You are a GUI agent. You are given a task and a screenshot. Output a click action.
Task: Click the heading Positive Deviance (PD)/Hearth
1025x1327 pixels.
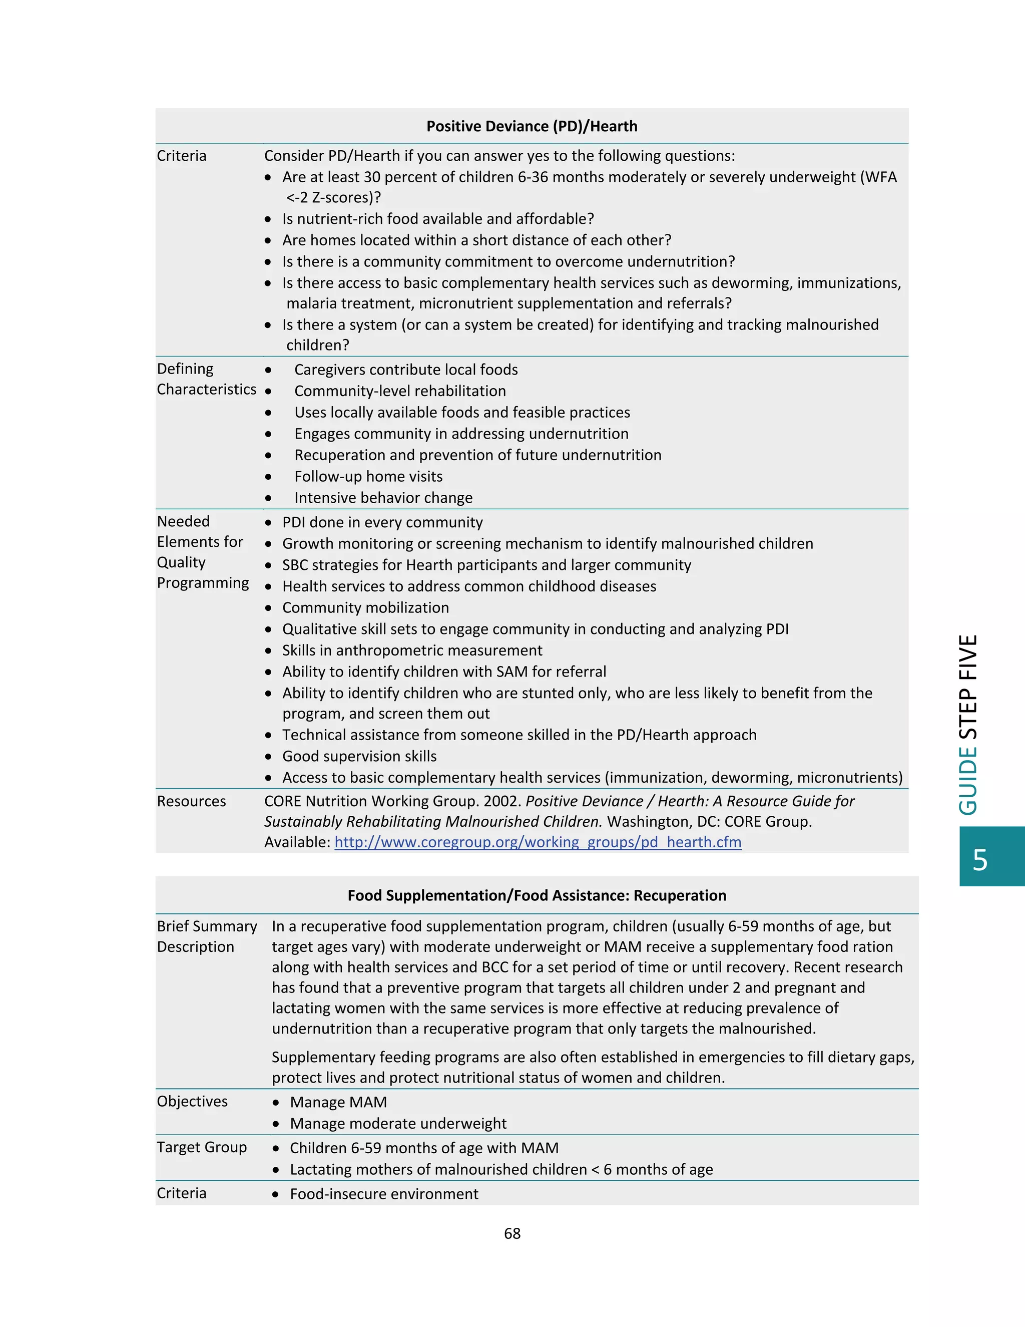(x=532, y=126)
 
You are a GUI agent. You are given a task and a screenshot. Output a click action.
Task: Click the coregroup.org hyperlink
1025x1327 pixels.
(x=538, y=842)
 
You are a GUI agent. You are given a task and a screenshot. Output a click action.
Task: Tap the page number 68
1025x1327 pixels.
(x=512, y=1233)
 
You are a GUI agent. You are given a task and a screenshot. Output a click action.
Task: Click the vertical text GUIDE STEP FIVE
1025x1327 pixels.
(x=968, y=724)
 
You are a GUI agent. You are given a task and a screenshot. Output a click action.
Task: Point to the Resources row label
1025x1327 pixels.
(x=191, y=801)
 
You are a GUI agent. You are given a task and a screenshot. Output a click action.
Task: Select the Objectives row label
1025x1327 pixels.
(x=192, y=1102)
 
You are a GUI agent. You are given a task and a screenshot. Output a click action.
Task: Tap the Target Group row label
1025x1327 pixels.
(x=202, y=1147)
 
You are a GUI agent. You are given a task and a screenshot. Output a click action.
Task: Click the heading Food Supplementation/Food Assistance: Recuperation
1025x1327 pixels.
(x=537, y=896)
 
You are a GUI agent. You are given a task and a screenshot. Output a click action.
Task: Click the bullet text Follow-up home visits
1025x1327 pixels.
(x=368, y=476)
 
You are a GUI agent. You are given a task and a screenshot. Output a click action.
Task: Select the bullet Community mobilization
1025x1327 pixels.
(x=365, y=607)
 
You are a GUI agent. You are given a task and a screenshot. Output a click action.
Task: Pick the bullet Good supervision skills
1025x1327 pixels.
(x=359, y=757)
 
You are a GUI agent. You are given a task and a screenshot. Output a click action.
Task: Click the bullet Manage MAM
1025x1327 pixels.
(x=338, y=1102)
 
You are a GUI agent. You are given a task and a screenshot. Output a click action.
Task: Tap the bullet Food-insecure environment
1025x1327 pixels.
(x=384, y=1194)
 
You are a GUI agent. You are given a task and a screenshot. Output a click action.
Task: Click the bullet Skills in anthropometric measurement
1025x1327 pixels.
(x=412, y=650)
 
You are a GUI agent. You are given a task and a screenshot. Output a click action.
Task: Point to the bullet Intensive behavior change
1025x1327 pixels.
(x=383, y=498)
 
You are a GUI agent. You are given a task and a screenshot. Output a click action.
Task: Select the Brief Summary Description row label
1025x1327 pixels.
(x=207, y=936)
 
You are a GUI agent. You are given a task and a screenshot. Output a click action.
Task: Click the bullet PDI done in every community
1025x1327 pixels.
(x=382, y=522)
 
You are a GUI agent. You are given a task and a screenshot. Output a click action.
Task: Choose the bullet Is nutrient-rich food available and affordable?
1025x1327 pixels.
(x=438, y=219)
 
